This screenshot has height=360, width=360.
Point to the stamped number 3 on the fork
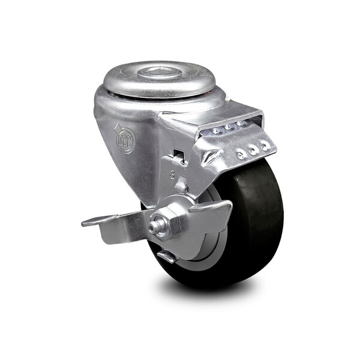(x=172, y=177)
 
